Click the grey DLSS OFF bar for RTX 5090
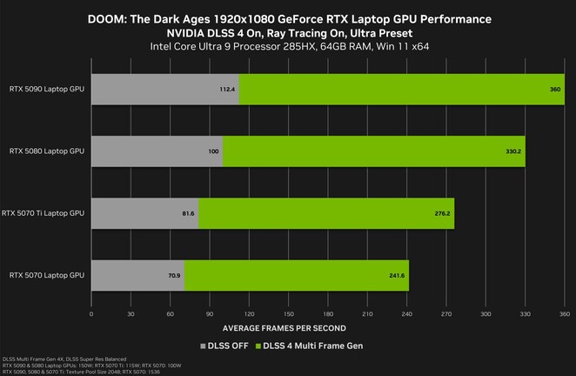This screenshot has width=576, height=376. click(164, 88)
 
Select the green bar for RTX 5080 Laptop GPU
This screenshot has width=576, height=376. click(373, 151)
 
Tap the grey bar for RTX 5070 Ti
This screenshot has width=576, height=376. click(144, 212)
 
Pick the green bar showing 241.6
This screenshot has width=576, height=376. click(296, 275)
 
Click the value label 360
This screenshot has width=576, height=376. click(554, 89)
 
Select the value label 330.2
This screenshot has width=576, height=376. click(513, 151)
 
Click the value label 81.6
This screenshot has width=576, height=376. click(188, 213)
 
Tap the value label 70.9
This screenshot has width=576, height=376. click(174, 275)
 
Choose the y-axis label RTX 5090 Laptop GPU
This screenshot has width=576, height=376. click(47, 89)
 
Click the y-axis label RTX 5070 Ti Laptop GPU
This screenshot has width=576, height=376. click(44, 213)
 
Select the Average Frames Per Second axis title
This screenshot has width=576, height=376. click(284, 328)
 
